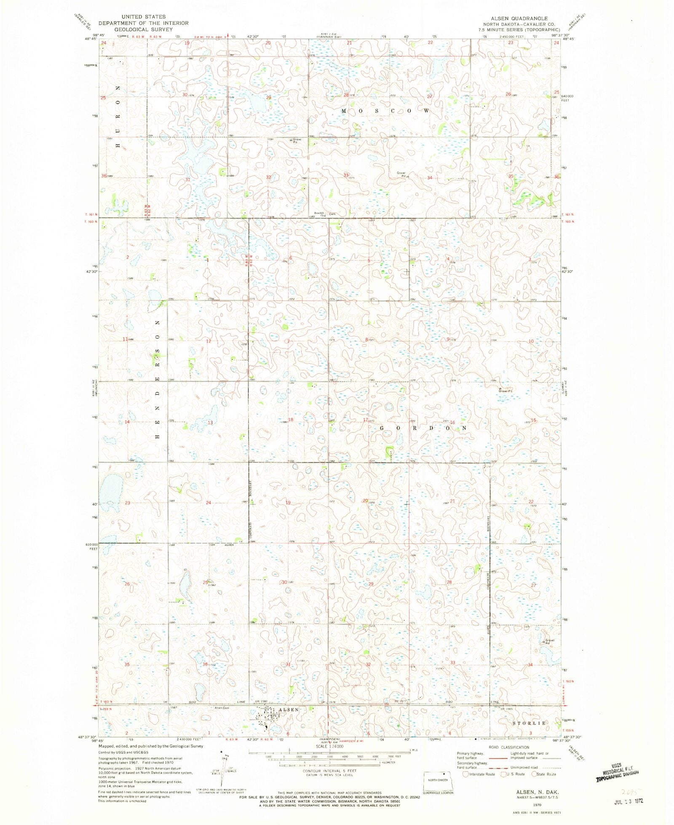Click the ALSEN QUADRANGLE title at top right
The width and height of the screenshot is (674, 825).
pos(519,19)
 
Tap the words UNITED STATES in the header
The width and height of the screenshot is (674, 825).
pos(143,17)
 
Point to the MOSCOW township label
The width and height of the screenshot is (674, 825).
pos(385,111)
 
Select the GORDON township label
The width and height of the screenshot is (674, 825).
pos(424,428)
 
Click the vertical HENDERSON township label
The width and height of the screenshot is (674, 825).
pos(158,379)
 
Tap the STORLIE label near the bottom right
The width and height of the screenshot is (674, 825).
pos(530,723)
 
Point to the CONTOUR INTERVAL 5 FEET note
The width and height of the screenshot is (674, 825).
pos(330,771)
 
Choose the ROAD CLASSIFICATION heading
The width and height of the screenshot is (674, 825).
pos(509,747)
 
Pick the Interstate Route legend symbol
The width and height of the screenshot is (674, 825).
pos(465,774)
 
